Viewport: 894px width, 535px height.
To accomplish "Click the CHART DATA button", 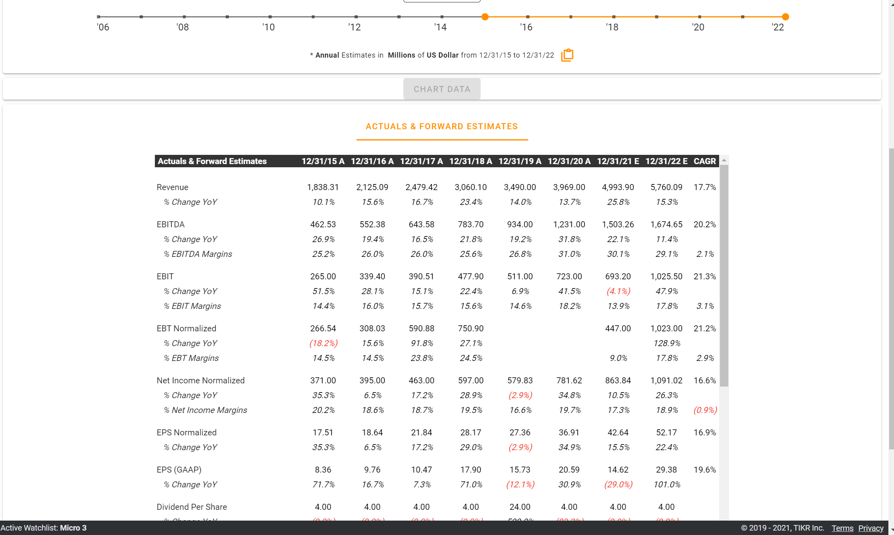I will (x=442, y=89).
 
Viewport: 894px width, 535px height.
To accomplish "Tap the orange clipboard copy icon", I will (x=567, y=55).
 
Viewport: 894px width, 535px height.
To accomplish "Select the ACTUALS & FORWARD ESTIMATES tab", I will (x=442, y=126).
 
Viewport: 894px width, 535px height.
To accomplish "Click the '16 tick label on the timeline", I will (x=526, y=27).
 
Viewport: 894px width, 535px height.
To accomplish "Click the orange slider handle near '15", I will (x=485, y=17).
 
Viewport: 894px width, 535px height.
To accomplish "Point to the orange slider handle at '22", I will (x=785, y=17).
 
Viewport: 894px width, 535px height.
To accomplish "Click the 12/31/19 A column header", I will (x=520, y=161).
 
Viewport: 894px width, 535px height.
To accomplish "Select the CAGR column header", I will (x=704, y=161).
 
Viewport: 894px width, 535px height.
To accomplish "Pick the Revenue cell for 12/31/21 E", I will (x=618, y=187).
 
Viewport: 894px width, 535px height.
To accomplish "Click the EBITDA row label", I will (x=170, y=224).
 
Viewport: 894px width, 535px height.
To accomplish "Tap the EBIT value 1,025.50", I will (x=666, y=277).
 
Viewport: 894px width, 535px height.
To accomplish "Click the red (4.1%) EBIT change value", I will (x=618, y=291).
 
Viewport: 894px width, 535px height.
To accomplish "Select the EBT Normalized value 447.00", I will (x=618, y=329).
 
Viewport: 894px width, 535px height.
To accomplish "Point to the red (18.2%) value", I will (x=323, y=343).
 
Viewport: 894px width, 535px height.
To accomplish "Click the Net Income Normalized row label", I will (x=200, y=381).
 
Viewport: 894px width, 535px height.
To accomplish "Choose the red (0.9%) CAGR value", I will (x=705, y=410).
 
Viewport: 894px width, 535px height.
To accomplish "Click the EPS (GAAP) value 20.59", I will (x=569, y=470).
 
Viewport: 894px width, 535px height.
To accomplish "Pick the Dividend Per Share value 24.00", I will (x=520, y=507).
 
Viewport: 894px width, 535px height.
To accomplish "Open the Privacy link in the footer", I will (x=870, y=528).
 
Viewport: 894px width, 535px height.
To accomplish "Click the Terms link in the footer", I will (x=842, y=528).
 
